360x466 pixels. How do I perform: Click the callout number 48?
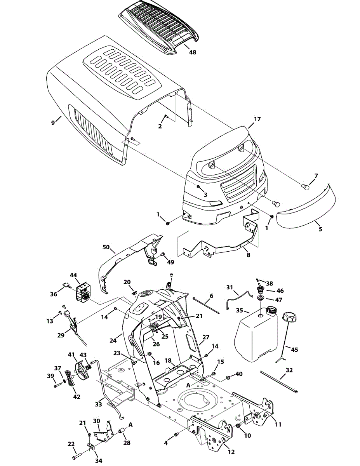pyautogui.click(x=192, y=52)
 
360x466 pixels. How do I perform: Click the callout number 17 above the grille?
pyautogui.click(x=257, y=120)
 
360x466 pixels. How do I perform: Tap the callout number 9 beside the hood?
pyautogui.click(x=53, y=123)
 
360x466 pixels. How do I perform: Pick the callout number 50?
pyautogui.click(x=106, y=247)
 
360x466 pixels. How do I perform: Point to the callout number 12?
pyautogui.click(x=231, y=452)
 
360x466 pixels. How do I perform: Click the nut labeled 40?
pyautogui.click(x=228, y=377)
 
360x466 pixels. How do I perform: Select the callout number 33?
pyautogui.click(x=99, y=404)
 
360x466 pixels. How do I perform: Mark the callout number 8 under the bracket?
pyautogui.click(x=249, y=255)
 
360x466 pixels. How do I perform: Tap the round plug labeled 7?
pyautogui.click(x=306, y=187)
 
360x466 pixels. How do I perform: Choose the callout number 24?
pyautogui.click(x=113, y=341)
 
